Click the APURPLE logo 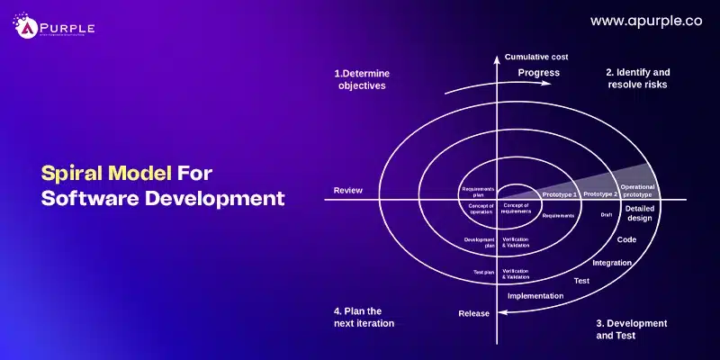click(x=55, y=27)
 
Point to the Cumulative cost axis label click(x=536, y=57)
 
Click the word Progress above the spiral click(x=538, y=73)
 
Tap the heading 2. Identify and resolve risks click(x=636, y=78)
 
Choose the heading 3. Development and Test click(x=632, y=328)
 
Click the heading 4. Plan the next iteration click(x=364, y=317)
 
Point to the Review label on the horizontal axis click(x=347, y=190)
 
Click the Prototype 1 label click(x=559, y=194)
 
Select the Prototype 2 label click(x=600, y=194)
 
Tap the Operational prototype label click(x=637, y=190)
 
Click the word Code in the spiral click(x=626, y=240)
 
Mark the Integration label click(x=611, y=263)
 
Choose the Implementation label click(x=535, y=295)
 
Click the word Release click(x=474, y=313)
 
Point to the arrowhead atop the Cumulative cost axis click(x=496, y=58)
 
